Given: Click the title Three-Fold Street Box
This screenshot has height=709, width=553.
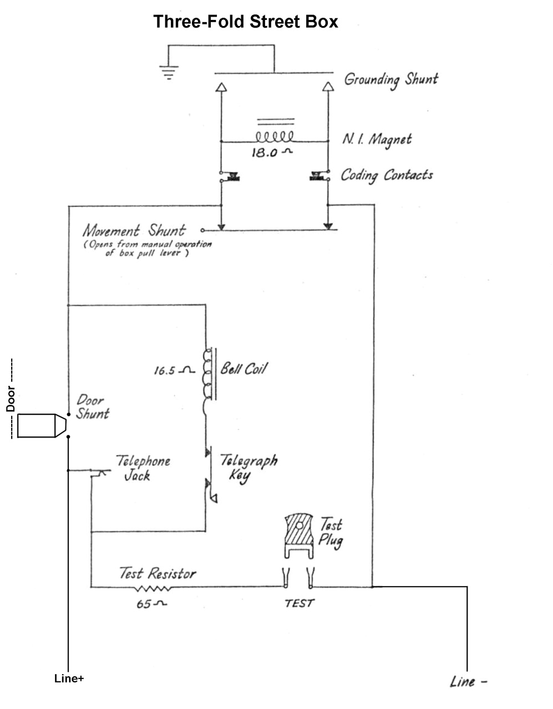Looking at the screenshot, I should pos(245,22).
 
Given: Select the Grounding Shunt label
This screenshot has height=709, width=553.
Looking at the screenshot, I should pos(390,79).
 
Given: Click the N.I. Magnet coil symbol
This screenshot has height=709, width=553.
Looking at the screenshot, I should pos(274,137).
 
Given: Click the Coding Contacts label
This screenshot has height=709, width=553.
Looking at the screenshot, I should pos(387,176).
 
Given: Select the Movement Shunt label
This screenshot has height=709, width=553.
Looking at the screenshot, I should pos(134,230).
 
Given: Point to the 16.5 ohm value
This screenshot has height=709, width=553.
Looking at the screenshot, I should pos(173,371).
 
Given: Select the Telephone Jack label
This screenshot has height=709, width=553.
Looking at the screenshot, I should pos(141,468).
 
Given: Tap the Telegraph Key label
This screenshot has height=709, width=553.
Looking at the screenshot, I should pos(248,468).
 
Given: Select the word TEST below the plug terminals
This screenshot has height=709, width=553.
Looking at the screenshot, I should pos(299,604).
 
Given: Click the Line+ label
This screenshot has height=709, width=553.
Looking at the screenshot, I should pos(69,679).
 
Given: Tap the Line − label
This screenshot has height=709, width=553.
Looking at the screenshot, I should pos(468,682).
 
